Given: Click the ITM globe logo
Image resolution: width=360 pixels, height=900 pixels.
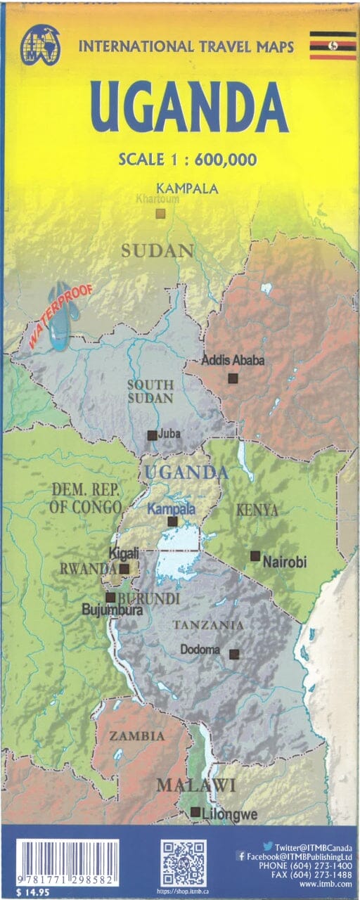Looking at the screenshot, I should tap(41, 45).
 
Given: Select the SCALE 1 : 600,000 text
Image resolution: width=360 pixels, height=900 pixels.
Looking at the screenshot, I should tap(188, 159).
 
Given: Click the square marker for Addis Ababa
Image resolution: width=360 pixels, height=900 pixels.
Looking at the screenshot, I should tap(233, 378).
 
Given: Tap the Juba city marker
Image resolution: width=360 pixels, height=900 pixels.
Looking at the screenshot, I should tap(152, 435).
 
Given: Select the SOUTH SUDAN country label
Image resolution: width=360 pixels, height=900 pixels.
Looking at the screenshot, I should tap(149, 391).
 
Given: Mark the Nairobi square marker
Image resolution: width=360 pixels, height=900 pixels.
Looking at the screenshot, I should tap(255, 555).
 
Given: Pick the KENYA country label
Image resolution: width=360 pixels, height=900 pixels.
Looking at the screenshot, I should tap(257, 510).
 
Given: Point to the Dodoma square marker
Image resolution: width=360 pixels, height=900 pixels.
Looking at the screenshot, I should tap(234, 654).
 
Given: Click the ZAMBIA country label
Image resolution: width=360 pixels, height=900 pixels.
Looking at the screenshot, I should tap(137, 735).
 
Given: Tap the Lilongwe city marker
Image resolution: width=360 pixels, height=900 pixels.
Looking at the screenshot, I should tap(195, 812).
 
